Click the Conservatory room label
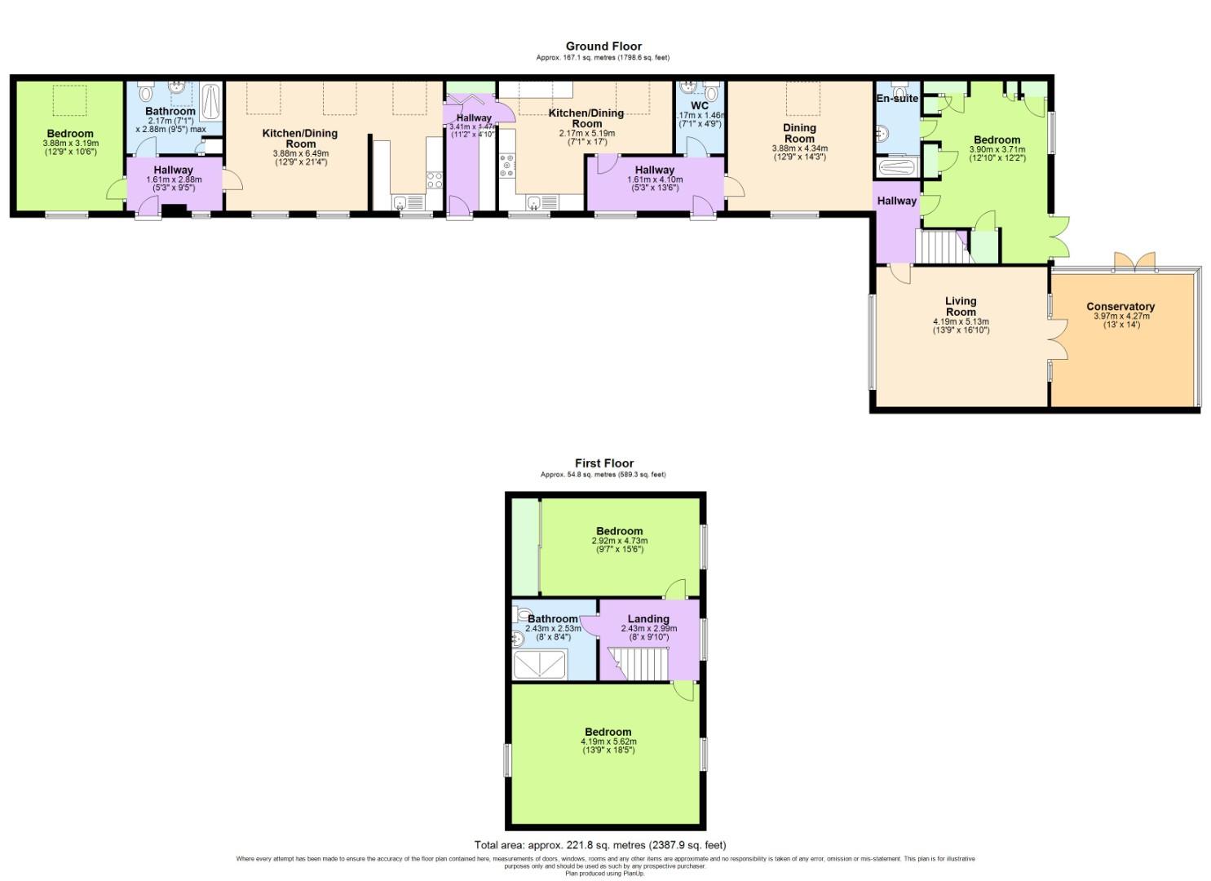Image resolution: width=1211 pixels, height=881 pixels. click(x=1120, y=307)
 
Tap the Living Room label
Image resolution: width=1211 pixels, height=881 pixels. click(x=961, y=306)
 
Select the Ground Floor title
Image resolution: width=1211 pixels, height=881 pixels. click(x=603, y=46)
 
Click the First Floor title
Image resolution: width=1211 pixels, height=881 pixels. click(x=603, y=463)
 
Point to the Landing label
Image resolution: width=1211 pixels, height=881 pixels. click(x=648, y=619)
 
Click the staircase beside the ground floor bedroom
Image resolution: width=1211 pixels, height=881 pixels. click(x=941, y=246)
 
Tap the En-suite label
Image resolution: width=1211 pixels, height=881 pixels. click(x=897, y=99)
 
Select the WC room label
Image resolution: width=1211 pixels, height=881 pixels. click(x=700, y=106)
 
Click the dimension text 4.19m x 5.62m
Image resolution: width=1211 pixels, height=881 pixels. click(x=608, y=742)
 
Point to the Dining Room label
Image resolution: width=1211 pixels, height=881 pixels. click(x=799, y=133)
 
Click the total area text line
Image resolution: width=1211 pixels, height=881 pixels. click(x=600, y=845)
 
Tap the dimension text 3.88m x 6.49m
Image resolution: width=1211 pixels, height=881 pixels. click(x=300, y=153)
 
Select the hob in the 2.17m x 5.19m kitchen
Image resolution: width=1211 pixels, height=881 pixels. click(x=508, y=166)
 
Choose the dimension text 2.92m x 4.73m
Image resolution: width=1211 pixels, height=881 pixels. click(x=619, y=541)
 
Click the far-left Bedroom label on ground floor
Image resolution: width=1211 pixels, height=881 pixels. click(x=70, y=134)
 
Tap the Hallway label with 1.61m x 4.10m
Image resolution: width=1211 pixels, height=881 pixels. click(x=655, y=170)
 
